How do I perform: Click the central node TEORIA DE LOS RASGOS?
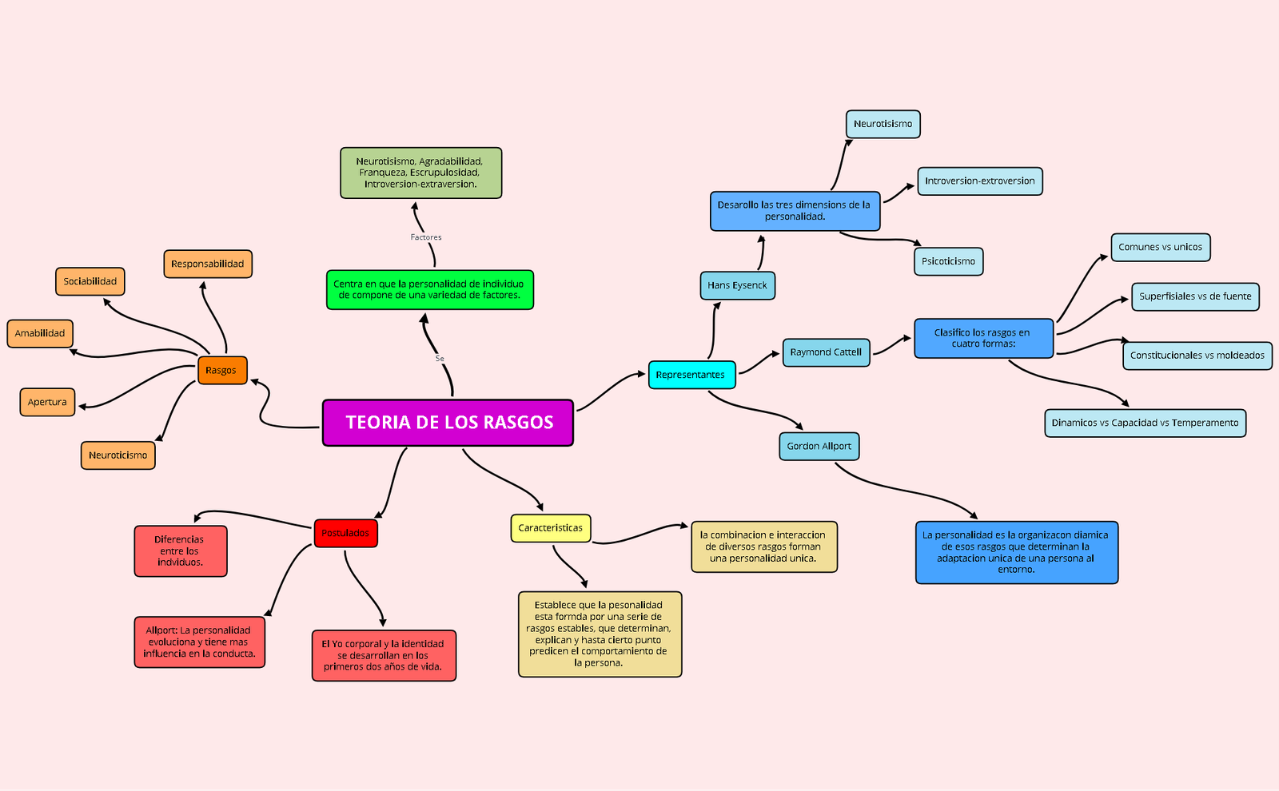click(448, 423)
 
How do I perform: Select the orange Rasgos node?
click(222, 371)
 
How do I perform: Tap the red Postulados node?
click(345, 533)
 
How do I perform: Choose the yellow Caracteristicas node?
click(551, 528)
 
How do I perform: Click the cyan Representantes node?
click(691, 375)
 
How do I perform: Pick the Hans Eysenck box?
click(737, 285)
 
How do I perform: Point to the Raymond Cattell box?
click(826, 352)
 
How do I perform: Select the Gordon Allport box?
click(819, 447)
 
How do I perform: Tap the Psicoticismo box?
click(948, 261)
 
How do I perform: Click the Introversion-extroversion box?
click(979, 181)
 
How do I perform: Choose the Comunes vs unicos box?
click(1160, 248)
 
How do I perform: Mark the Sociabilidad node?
click(90, 281)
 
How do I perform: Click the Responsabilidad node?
click(208, 264)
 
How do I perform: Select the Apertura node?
click(47, 402)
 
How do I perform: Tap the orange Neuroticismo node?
click(118, 455)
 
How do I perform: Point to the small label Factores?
click(426, 237)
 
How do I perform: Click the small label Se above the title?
click(440, 359)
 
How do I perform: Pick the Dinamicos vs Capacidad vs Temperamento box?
click(1145, 423)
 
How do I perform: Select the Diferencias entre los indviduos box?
click(181, 551)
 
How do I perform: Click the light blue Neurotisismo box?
click(883, 125)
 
